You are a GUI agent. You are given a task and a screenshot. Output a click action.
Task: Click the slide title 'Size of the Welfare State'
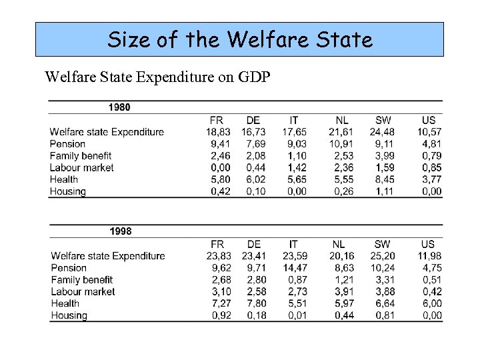239,39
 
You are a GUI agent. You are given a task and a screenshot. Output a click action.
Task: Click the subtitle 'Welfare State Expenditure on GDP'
157,76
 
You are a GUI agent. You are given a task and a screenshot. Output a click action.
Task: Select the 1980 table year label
119,107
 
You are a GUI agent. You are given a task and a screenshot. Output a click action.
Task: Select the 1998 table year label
120,231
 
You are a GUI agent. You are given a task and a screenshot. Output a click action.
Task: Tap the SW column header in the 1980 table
383,120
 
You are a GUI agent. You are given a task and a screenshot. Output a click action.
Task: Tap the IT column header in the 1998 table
293,244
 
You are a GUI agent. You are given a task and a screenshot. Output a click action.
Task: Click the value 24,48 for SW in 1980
382,132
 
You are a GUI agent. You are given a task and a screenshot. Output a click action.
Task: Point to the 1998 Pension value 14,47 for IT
295,268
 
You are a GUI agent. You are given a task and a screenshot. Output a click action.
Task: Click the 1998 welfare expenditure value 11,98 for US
428,256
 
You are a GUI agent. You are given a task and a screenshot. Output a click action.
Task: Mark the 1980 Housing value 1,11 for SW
385,191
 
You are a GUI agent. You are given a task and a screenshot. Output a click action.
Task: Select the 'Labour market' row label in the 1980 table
81,167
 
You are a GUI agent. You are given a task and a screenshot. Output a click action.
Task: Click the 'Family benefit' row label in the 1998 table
82,280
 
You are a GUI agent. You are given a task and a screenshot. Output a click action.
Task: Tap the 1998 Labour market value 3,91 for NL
344,292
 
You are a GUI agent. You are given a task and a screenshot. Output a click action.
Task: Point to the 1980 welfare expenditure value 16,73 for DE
253,132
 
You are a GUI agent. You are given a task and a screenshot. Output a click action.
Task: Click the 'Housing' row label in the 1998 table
69,315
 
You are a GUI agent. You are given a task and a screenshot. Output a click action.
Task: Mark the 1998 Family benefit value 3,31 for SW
385,280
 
